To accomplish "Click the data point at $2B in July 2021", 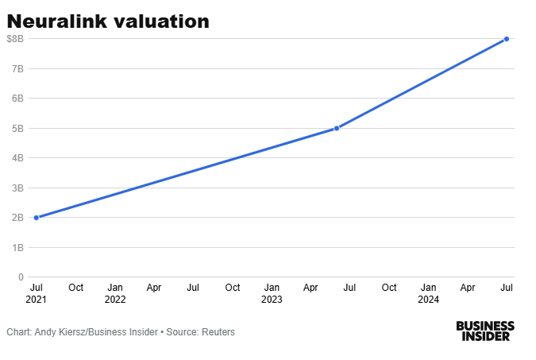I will [37, 218].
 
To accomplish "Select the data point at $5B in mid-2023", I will [337, 128].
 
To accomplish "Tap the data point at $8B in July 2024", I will [507, 39].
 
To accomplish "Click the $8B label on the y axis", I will [16, 38].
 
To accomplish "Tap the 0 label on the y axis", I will [21, 277].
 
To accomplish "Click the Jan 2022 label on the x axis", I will [115, 292].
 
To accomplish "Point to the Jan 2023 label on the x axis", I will [272, 292].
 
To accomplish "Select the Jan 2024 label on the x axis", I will [429, 292].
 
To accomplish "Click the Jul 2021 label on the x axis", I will [37, 292].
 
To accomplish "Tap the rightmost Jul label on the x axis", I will [507, 287].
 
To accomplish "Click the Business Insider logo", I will [485, 331].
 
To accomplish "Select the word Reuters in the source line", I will [218, 331].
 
